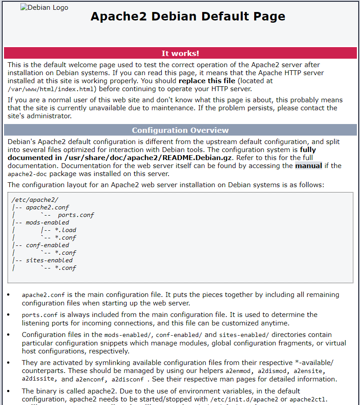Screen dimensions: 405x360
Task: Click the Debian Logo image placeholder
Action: point(44,8)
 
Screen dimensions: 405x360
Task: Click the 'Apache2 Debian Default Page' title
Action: point(188,16)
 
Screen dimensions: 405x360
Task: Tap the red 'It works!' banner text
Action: point(180,53)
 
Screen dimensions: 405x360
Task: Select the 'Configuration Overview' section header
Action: point(180,130)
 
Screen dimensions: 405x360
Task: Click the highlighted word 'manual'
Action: point(308,166)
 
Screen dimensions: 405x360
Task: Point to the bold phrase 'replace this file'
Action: point(208,81)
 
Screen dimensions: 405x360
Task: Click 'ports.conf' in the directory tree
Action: point(76,215)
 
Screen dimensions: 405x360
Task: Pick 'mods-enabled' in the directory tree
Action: point(48,222)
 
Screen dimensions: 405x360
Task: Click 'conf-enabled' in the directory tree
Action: point(48,245)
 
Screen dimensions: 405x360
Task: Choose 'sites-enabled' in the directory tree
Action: point(49,260)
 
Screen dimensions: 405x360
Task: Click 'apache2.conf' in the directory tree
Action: point(48,207)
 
